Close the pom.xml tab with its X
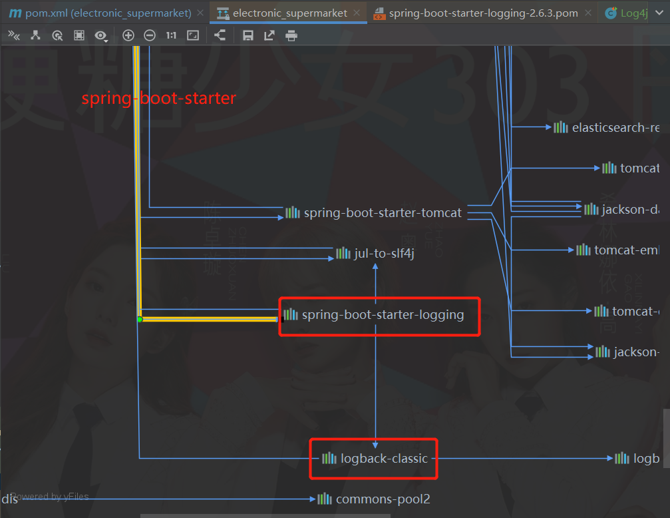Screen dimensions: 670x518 [x=200, y=13]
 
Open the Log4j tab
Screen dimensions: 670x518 [x=632, y=13]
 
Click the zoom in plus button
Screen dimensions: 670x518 [x=128, y=35]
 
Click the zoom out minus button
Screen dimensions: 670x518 [x=150, y=35]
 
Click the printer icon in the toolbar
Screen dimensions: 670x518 [x=291, y=35]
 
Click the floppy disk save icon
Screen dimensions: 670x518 [x=248, y=35]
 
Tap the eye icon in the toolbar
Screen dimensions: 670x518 [x=100, y=35]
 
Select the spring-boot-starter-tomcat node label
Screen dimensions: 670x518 [x=382, y=213]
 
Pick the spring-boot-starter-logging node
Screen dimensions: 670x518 [x=383, y=315]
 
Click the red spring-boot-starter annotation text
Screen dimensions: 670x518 [x=158, y=99]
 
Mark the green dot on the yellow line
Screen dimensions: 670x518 [x=140, y=320]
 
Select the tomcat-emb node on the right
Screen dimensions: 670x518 [x=626, y=250]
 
